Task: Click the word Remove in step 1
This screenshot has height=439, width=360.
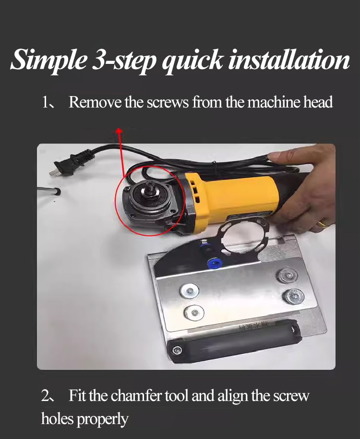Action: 95,102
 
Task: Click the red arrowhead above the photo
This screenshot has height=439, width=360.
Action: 119,131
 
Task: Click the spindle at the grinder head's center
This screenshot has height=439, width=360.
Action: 149,186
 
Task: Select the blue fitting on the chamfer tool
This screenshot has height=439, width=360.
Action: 212,262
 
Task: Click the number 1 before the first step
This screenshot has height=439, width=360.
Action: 45,102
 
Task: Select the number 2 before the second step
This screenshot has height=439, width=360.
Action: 45,396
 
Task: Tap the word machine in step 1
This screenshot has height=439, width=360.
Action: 268,102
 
